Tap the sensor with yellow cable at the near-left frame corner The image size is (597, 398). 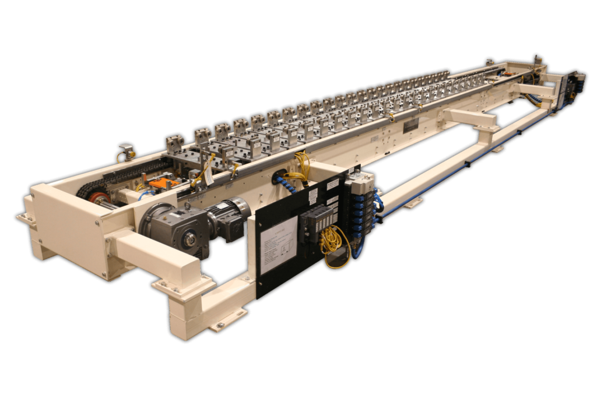click(125, 152)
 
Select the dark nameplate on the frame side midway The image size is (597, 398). click(411, 125)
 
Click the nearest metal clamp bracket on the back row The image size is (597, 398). click(174, 143)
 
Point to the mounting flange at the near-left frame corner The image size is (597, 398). click(26, 220)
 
